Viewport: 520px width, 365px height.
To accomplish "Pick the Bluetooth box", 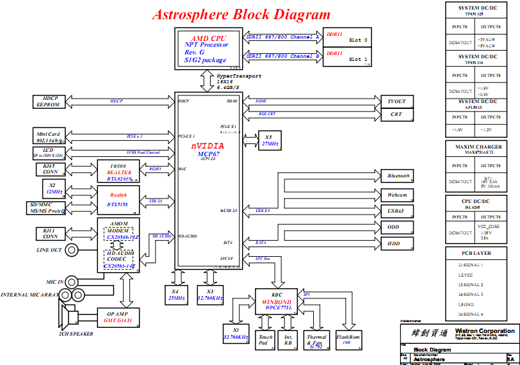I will (398, 175).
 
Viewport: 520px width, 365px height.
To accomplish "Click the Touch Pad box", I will (265, 339).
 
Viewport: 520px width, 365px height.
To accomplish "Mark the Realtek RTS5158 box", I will (118, 199).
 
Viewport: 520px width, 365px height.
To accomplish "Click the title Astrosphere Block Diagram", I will (241, 14).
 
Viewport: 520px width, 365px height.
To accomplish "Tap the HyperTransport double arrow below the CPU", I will (207, 79).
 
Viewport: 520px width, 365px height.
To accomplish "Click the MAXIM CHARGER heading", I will (478, 147).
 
